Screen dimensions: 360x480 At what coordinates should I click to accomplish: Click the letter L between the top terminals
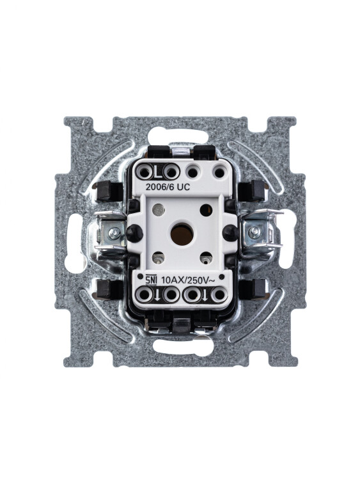158,173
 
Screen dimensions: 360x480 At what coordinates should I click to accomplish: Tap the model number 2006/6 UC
168,187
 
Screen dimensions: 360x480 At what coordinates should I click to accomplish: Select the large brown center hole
182,234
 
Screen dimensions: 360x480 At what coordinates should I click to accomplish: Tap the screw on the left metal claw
114,234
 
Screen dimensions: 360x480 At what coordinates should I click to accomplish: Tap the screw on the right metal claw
254,232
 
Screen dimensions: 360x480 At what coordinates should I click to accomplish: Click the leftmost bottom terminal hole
145,295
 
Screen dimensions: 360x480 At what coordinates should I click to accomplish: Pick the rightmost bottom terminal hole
219,295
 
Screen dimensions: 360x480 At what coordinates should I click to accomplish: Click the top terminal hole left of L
145,173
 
